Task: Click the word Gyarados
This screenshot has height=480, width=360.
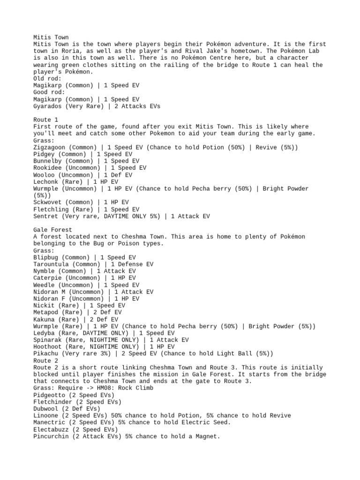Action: coord(47,106)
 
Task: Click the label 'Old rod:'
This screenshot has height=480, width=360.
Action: coord(47,79)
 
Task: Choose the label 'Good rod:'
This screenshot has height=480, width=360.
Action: coord(49,93)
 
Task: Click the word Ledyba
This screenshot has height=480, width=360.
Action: coord(44,333)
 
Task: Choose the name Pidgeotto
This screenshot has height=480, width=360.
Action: coord(51,395)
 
